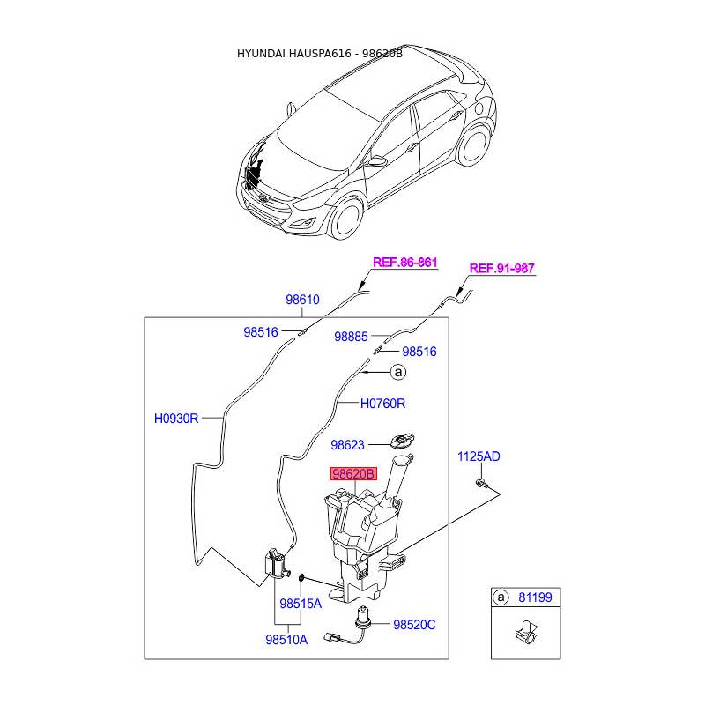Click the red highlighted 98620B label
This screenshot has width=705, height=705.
353,474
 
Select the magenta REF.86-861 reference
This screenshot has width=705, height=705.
405,263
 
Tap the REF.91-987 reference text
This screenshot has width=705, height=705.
501,269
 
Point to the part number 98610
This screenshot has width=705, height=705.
302,300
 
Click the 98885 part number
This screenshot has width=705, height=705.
351,337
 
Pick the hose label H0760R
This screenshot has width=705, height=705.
383,404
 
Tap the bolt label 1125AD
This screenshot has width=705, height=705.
479,456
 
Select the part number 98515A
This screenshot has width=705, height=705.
301,605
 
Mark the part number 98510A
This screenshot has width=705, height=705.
286,640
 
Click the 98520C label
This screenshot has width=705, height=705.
414,625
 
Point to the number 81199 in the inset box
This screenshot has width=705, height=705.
535,598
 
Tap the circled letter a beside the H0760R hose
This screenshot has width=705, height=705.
397,374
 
